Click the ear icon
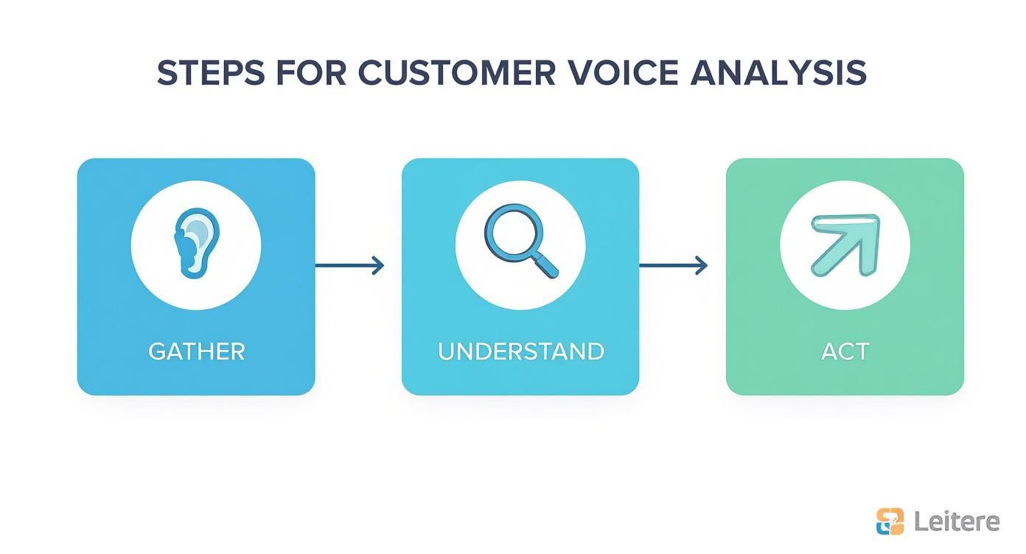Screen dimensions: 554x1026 [195, 243]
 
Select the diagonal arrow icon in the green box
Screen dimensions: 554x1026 [844, 243]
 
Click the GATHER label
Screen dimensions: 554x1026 [196, 351]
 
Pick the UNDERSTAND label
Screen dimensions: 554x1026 [520, 351]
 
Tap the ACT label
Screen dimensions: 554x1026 [845, 351]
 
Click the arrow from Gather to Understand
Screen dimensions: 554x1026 [349, 265]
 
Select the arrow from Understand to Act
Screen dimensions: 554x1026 [673, 265]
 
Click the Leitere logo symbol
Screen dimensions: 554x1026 [890, 522]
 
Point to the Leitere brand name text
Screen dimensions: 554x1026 [957, 522]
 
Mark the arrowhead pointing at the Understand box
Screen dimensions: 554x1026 [379, 265]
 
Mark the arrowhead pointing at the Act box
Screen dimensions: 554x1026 [702, 265]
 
